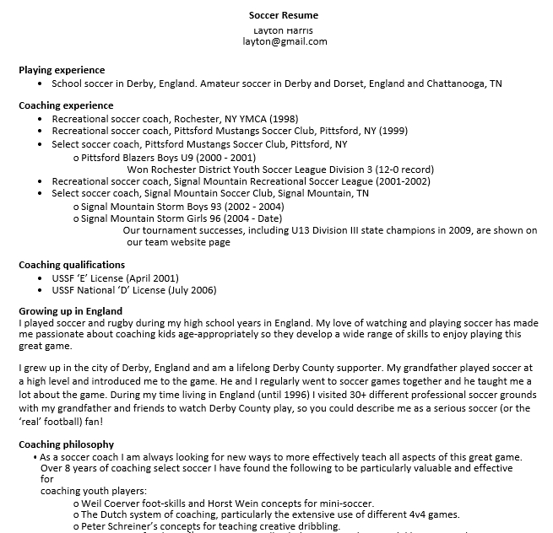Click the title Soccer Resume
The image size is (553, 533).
(284, 15)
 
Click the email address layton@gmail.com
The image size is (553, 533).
(285, 41)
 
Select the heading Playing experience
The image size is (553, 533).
(62, 70)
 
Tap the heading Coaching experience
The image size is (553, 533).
(66, 105)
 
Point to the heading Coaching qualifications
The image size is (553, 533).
(72, 265)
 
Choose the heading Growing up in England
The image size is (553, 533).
(70, 311)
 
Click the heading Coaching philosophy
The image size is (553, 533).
(66, 444)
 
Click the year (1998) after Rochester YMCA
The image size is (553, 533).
(282, 119)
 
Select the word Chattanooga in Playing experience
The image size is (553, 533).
(458, 83)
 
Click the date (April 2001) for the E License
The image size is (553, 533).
(152, 278)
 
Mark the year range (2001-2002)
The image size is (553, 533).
(403, 181)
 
